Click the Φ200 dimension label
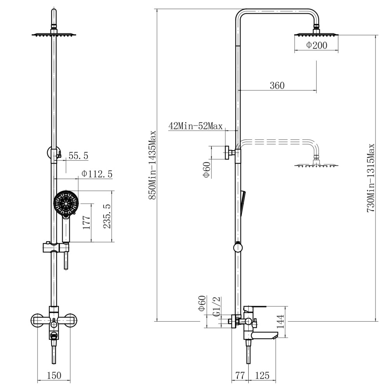(317, 45)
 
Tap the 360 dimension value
(277, 86)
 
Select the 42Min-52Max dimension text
(196, 126)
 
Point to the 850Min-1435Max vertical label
(152, 165)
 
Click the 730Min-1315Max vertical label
(371, 178)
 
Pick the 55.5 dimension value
(78, 156)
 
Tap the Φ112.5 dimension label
(97, 174)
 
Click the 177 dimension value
(87, 222)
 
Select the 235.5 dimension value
(107, 216)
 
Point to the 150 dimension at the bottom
(54, 375)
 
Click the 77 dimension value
(240, 375)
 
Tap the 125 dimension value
(262, 375)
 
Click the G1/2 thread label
(217, 307)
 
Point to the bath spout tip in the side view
(275, 337)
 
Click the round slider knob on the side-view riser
(238, 248)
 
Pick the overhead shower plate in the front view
(54, 35)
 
